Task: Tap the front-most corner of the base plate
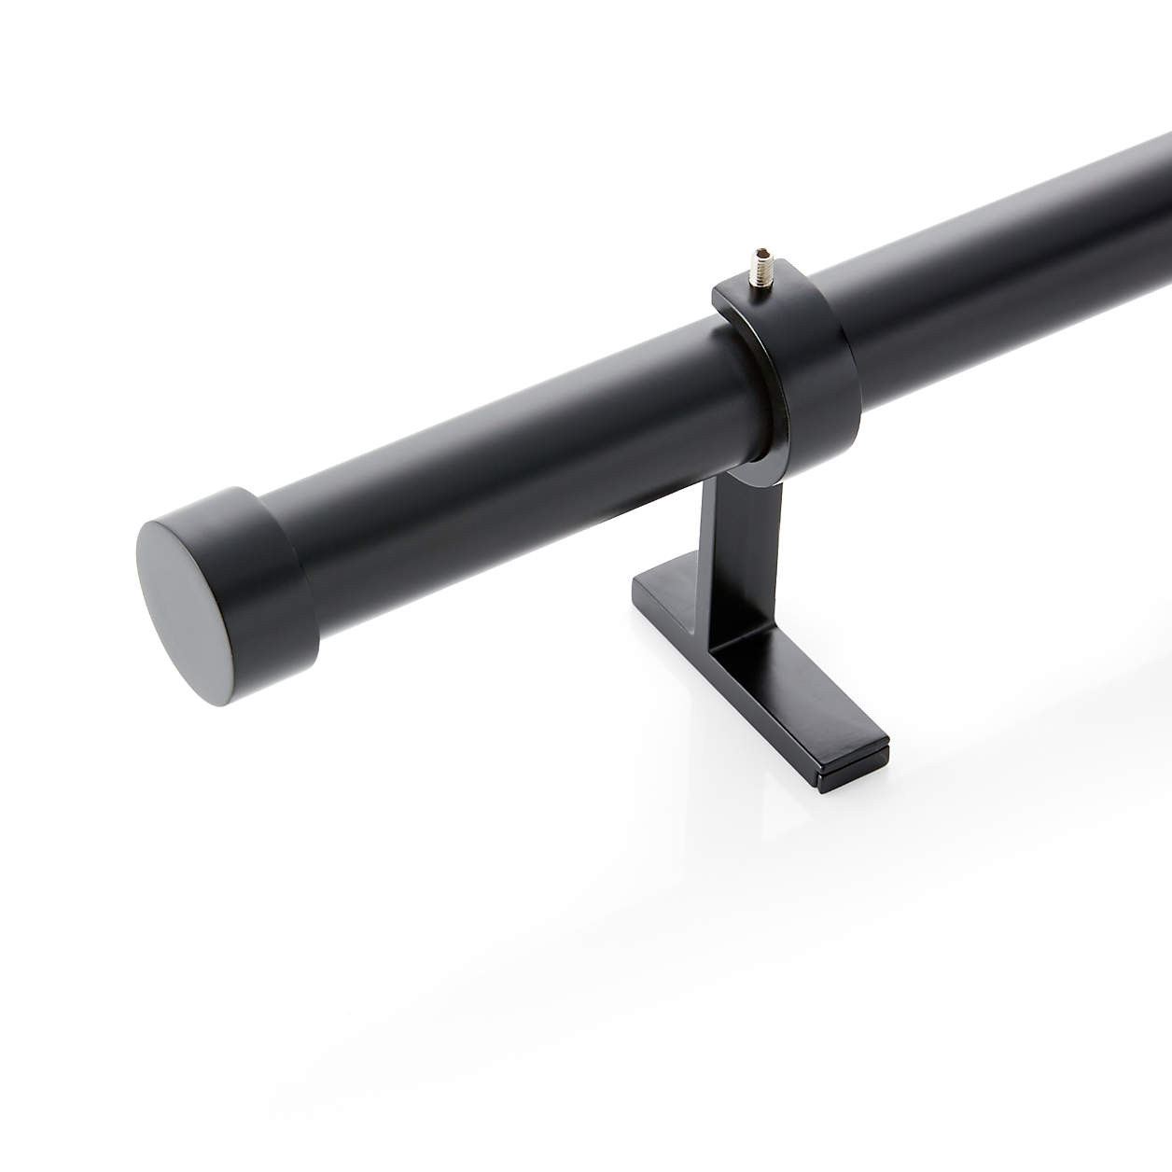click(825, 788)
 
